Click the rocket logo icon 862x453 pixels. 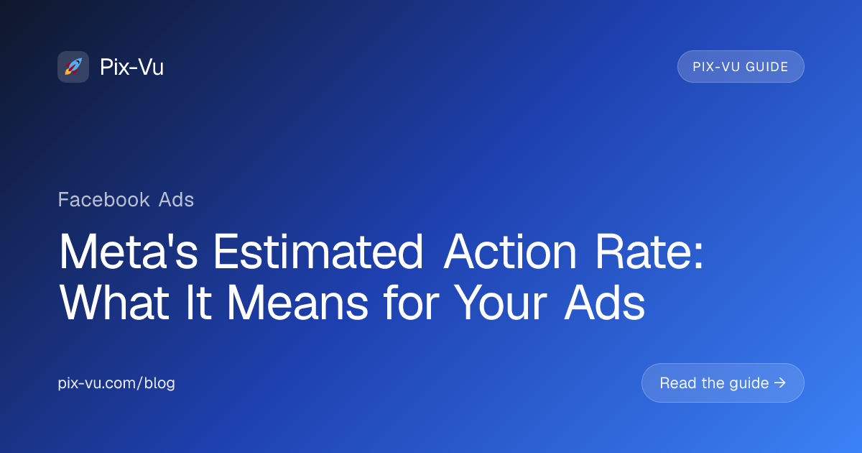click(x=73, y=67)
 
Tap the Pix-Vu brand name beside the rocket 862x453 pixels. click(x=132, y=68)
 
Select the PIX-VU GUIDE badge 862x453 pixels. click(x=741, y=67)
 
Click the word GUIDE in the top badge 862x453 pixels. click(x=767, y=67)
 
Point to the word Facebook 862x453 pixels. click(x=103, y=199)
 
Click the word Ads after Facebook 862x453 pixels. click(x=177, y=199)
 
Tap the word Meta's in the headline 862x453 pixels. click(x=130, y=252)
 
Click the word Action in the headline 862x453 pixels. click(x=511, y=252)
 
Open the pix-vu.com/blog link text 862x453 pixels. click(x=116, y=383)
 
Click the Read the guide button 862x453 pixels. click(x=722, y=383)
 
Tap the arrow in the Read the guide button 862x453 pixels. click(x=780, y=383)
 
